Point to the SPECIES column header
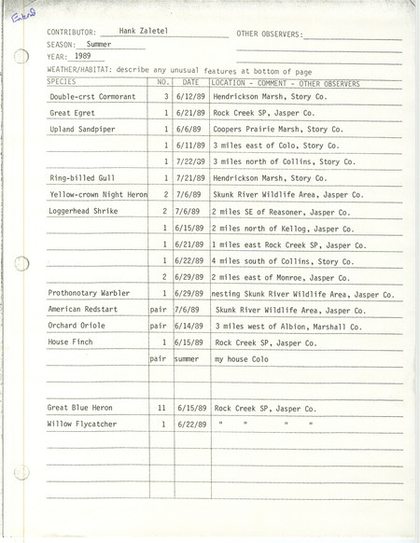pos(63,82)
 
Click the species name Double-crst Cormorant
pos(92,96)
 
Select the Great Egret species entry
pos(71,112)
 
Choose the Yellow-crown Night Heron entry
pos(97,194)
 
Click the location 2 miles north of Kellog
pos(273,227)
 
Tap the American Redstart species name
pos(83,309)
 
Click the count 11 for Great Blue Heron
pos(161,408)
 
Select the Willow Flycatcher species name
pos(82,425)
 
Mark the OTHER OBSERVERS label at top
pos(270,33)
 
